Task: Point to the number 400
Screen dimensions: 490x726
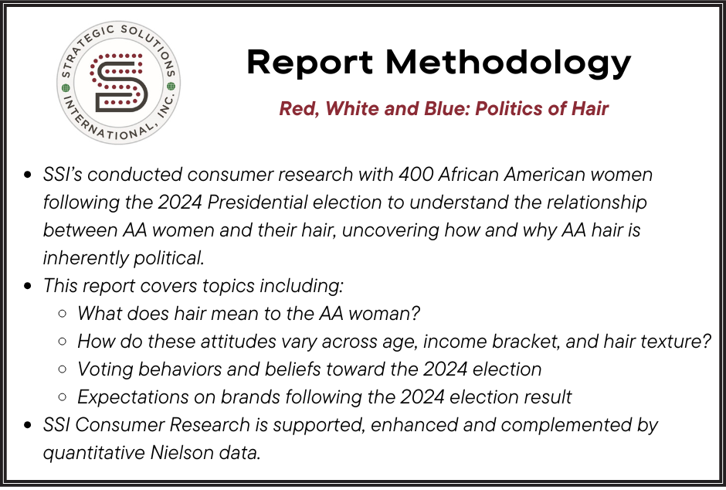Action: click(417, 175)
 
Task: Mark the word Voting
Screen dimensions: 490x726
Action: click(103, 369)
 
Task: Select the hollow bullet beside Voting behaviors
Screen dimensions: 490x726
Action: click(63, 370)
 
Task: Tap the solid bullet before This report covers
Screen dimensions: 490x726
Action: click(29, 287)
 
